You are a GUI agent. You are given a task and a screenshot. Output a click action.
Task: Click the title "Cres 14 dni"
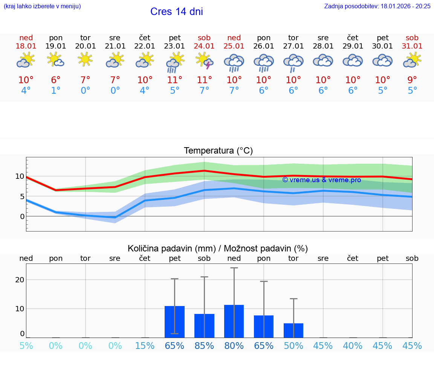pos(176,12)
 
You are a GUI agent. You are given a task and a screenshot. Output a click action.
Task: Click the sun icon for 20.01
pos(85,59)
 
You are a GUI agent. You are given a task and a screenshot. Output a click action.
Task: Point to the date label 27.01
pos(293,46)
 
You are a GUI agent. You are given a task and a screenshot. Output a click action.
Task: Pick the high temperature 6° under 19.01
pos(56,80)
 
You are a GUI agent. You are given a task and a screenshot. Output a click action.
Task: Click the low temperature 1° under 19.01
pos(56,91)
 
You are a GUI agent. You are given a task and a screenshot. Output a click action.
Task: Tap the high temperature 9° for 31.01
pos(412,80)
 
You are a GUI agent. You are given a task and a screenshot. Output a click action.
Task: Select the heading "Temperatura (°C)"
pos(218,151)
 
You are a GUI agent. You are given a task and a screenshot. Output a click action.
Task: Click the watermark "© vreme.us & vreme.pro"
pos(321,180)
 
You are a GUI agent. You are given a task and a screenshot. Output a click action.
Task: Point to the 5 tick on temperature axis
pos(22,196)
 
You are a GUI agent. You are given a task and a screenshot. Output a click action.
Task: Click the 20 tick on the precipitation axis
pos(20,280)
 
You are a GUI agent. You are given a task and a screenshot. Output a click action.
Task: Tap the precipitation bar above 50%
pos(293,330)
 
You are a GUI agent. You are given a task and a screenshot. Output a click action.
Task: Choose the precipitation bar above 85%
pos(204,326)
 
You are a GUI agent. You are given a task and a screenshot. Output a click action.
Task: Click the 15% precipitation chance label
pos(145,346)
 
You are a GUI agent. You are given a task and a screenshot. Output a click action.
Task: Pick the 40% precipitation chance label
pos(353,346)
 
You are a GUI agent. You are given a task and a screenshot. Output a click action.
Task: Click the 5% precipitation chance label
pos(26,346)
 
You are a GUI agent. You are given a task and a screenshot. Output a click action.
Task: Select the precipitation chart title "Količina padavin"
pos(171,248)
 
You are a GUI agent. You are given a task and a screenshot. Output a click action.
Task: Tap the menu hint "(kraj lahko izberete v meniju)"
pos(42,6)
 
